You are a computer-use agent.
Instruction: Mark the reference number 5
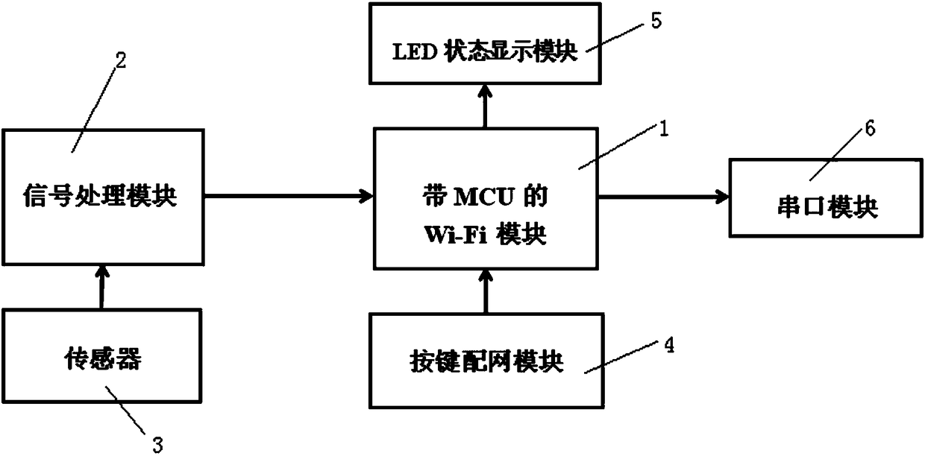click(656, 20)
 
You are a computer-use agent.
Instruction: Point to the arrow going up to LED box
click(486, 105)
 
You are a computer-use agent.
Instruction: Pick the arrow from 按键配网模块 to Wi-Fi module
click(486, 291)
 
